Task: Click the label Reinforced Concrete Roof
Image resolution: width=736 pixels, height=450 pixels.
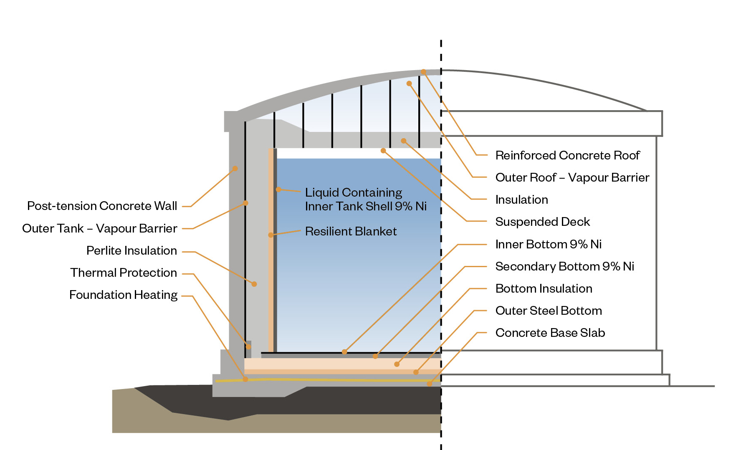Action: (x=567, y=155)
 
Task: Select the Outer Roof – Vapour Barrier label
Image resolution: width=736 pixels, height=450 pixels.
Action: (x=572, y=177)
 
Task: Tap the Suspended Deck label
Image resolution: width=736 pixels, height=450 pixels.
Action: (x=542, y=222)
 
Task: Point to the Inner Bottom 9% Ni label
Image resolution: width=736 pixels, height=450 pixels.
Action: (x=548, y=244)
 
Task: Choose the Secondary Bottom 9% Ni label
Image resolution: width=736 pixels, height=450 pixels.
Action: (x=564, y=266)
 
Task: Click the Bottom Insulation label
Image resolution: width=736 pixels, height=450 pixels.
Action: (x=544, y=288)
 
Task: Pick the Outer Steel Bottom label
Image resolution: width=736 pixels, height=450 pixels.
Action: (x=549, y=311)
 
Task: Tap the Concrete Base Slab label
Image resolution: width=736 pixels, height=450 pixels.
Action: (x=550, y=333)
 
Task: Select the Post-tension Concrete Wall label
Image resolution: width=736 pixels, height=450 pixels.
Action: (x=102, y=206)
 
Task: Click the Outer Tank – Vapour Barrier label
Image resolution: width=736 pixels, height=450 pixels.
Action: (x=99, y=228)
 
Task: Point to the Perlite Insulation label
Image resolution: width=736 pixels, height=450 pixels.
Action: (x=132, y=250)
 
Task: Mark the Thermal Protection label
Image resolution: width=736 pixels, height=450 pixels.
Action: (x=124, y=273)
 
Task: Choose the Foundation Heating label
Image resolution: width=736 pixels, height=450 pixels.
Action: (x=123, y=295)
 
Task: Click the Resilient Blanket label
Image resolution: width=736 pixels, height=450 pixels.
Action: (x=351, y=231)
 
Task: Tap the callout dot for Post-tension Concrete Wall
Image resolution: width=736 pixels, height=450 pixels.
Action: (x=235, y=168)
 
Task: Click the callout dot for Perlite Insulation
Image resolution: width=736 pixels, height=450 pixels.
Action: (x=254, y=284)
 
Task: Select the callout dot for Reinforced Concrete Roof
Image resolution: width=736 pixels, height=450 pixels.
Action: (x=423, y=72)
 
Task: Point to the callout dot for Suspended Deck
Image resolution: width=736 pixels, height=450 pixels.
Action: (x=383, y=150)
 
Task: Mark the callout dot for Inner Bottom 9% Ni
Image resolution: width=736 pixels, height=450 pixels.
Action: (x=344, y=352)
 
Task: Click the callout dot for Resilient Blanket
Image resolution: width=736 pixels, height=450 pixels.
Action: (x=271, y=235)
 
